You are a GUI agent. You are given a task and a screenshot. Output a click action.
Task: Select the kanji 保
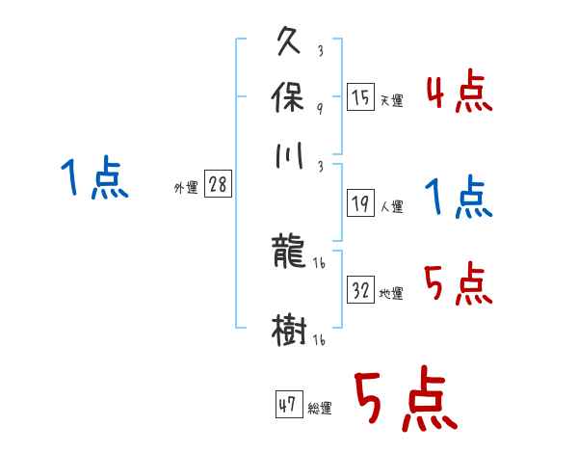coord(291,98)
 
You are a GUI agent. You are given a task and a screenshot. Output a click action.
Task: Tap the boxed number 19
coord(361,202)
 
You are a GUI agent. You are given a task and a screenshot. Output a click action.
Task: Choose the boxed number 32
coord(361,291)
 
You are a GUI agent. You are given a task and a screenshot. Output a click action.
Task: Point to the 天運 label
coord(391,100)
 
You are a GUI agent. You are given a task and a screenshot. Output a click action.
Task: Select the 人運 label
coord(391,205)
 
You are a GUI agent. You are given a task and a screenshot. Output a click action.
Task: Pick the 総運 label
coord(320,408)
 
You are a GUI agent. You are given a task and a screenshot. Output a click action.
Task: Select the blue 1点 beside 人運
coord(459,198)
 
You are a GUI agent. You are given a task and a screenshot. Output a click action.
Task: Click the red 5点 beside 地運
coord(459,284)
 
